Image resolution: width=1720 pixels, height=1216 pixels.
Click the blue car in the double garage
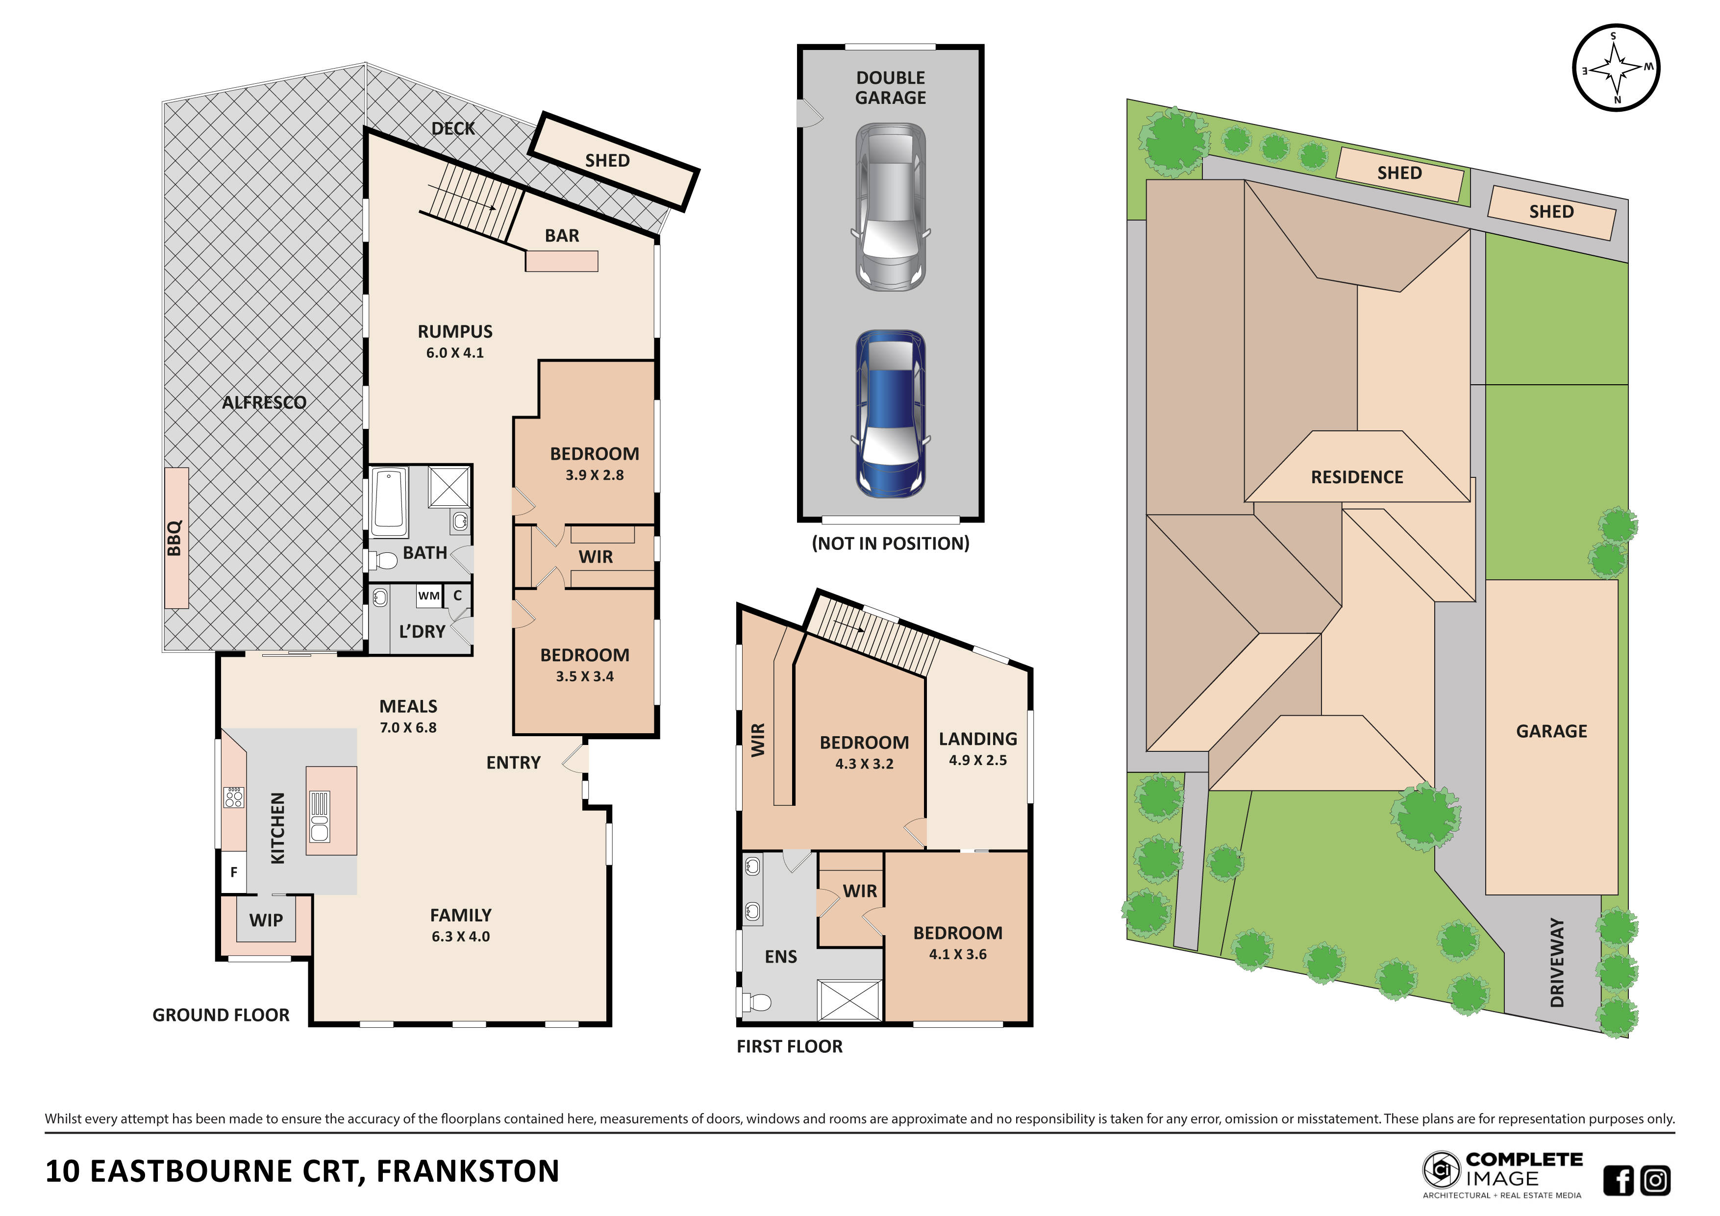click(890, 414)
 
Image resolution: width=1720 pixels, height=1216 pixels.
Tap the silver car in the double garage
click(890, 207)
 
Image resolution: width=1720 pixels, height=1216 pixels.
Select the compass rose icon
click(1616, 68)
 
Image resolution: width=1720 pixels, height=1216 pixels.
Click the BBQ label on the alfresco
click(175, 538)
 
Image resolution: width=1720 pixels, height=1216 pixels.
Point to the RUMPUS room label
click(455, 331)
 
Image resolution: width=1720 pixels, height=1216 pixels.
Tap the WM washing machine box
click(428, 596)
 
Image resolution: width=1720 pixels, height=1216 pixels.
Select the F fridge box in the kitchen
click(234, 871)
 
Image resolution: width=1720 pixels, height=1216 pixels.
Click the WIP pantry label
click(266, 920)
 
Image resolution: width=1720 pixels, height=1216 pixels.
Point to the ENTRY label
click(513, 763)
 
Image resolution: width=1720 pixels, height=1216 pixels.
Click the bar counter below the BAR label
click(561, 261)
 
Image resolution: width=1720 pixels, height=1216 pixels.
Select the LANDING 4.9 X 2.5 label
click(977, 748)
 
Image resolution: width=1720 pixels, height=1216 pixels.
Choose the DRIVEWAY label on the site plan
click(1557, 963)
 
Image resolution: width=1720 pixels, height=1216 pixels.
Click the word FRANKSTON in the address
click(468, 1171)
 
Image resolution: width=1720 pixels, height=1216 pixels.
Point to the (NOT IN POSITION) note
click(890, 543)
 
